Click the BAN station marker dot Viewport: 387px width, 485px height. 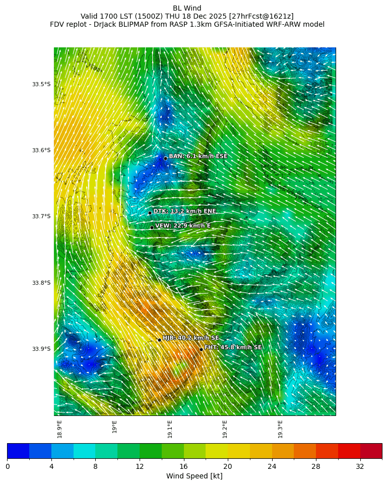pyautogui.click(x=165, y=158)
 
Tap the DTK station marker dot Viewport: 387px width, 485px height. pyautogui.click(x=150, y=213)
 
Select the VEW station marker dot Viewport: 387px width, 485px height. pyautogui.click(x=152, y=227)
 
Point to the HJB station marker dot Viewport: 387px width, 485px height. pyautogui.click(x=159, y=340)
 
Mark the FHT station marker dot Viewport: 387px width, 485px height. pyautogui.click(x=201, y=349)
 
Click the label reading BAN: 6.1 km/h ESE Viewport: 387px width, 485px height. pyautogui.click(x=198, y=156)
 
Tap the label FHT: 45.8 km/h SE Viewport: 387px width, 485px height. pyautogui.click(x=233, y=347)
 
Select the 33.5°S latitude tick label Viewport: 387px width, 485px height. pyautogui.click(x=41, y=84)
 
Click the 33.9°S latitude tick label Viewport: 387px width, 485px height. pyautogui.click(x=41, y=349)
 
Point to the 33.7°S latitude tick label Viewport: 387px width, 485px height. pyautogui.click(x=41, y=216)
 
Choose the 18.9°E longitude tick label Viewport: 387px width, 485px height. pyautogui.click(x=59, y=429)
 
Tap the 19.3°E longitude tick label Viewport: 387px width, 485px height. pyautogui.click(x=280, y=429)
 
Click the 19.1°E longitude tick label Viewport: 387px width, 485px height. pyautogui.click(x=170, y=429)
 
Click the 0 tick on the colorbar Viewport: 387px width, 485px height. pyautogui.click(x=8, y=467)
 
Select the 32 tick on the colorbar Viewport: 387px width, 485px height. pyautogui.click(x=360, y=467)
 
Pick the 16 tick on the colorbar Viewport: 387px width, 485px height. pyautogui.click(x=183, y=467)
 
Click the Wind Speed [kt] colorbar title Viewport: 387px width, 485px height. pyautogui.click(x=195, y=476)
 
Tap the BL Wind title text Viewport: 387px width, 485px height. pyautogui.click(x=187, y=8)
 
